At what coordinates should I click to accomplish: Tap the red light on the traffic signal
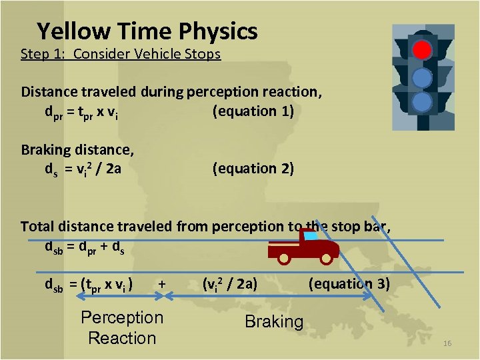pos(421,50)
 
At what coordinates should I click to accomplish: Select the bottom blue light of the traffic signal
pos(421,101)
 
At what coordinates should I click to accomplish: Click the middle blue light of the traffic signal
pos(421,77)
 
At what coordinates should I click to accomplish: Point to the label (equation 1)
pos(253,111)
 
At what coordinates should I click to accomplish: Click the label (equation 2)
pos(253,169)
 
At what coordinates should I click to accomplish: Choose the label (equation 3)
pos(349,284)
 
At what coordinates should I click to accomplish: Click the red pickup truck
pos(303,247)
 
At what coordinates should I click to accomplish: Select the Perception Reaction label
pos(122,327)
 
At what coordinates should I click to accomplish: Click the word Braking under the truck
pos(274,321)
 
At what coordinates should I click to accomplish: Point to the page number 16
pos(447,343)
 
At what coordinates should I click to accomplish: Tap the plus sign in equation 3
pos(162,284)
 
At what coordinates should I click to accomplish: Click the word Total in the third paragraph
pos(37,226)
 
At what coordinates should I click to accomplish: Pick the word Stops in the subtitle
pos(203,54)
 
